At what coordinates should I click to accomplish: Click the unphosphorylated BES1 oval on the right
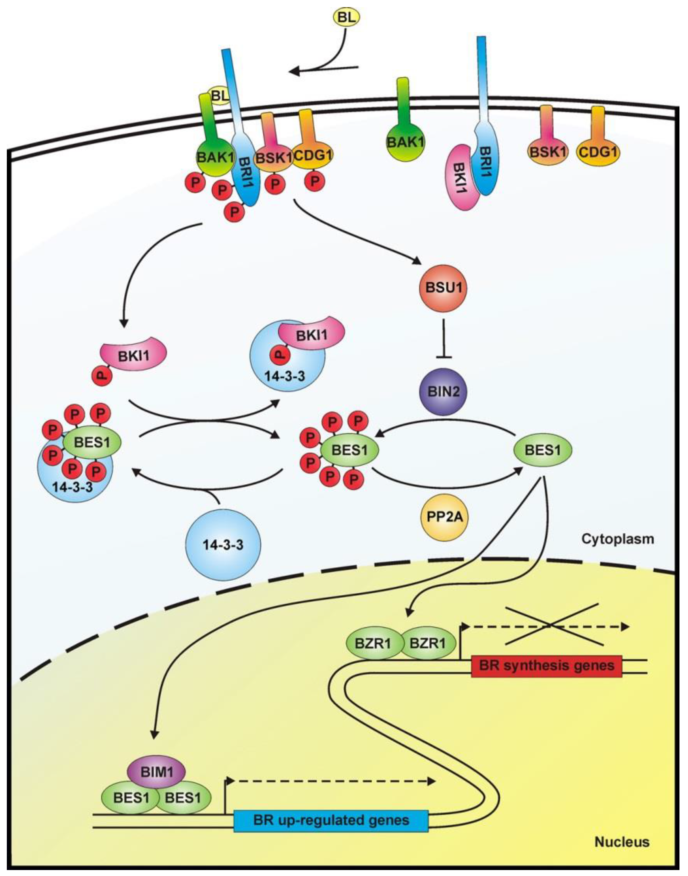[x=543, y=450]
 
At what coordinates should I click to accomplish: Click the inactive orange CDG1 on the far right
[x=598, y=152]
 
